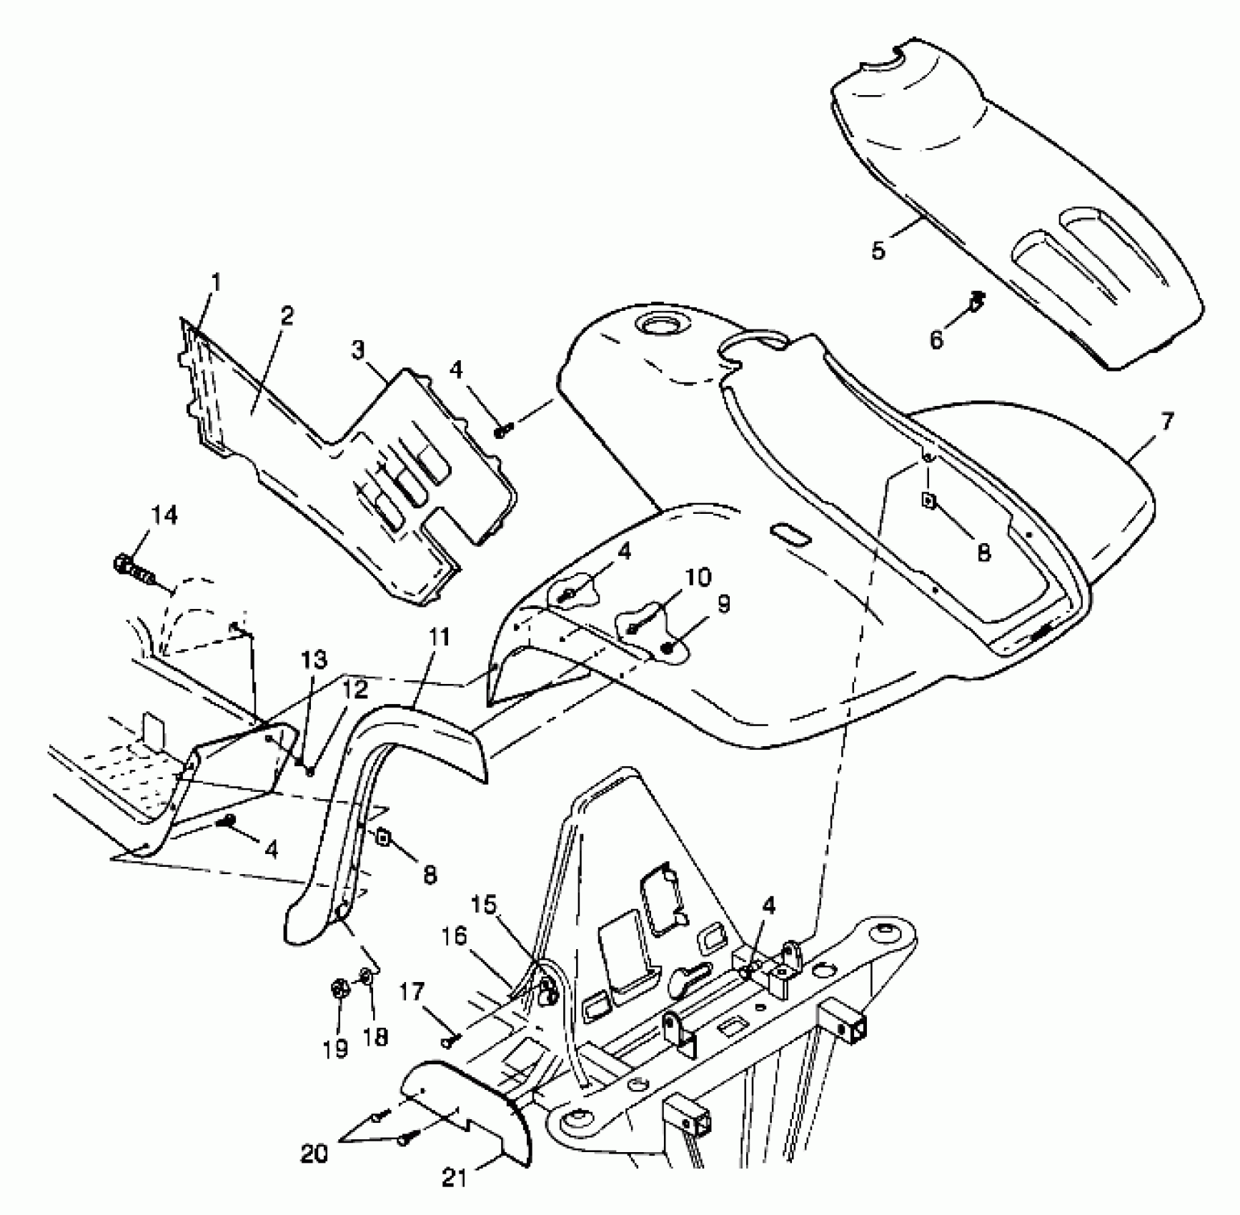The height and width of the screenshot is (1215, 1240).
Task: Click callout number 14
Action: click(x=164, y=515)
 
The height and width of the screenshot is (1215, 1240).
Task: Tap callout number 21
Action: click(x=455, y=1176)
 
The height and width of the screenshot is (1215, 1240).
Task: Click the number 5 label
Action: click(x=878, y=251)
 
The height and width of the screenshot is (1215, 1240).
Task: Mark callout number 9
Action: click(x=723, y=605)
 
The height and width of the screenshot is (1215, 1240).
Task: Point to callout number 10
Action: click(x=700, y=577)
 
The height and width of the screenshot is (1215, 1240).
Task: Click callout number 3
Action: click(x=357, y=350)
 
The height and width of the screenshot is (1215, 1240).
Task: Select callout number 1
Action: click(x=216, y=283)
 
